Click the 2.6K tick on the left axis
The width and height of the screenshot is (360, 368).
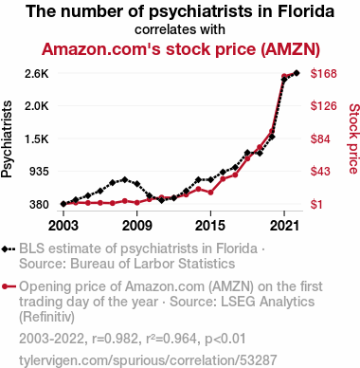[37, 74]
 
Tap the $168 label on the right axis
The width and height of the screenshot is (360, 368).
[324, 74]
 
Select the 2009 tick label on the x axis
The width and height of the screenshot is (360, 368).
[137, 226]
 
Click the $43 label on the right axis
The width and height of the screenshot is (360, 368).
[320, 172]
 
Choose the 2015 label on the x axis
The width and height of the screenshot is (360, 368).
[210, 226]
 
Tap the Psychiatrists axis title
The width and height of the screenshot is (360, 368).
[7, 139]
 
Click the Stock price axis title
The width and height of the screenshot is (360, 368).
[354, 138]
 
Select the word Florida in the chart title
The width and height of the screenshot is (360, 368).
[306, 11]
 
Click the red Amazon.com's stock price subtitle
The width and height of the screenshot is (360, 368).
[181, 49]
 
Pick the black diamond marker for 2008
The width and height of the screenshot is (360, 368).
[125, 180]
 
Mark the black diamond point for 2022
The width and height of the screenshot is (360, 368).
[297, 73]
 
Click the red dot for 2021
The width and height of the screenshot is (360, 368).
[284, 76]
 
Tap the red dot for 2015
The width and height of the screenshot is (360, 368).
[210, 193]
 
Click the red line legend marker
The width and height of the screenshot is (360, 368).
[9, 286]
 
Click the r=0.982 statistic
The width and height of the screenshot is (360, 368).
[115, 339]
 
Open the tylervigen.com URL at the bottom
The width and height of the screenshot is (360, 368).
[148, 360]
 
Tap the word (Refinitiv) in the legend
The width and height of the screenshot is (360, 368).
[46, 317]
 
